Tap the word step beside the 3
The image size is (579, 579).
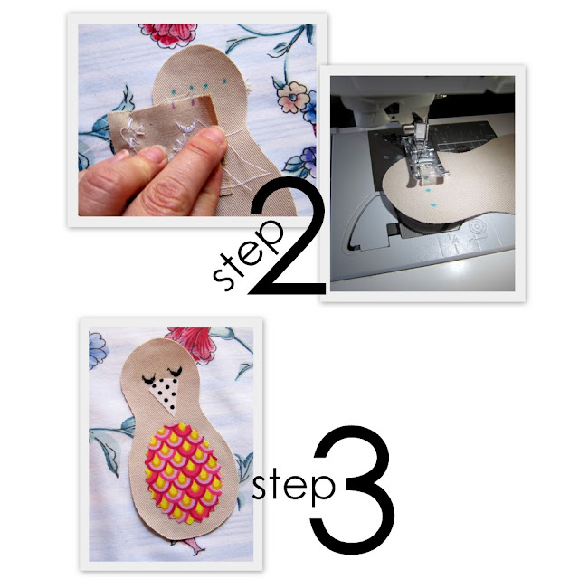pyautogui.click(x=294, y=485)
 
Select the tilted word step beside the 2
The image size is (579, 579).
pyautogui.click(x=247, y=255)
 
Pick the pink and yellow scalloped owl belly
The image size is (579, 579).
pyautogui.click(x=184, y=473)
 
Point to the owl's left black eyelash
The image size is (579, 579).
pyautogui.click(x=149, y=379)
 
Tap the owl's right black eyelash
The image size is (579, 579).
pyautogui.click(x=175, y=371)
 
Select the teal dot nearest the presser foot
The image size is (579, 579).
pyautogui.click(x=428, y=191)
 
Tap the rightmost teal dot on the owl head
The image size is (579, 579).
pyautogui.click(x=223, y=81)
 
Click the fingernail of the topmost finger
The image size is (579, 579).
pyautogui.click(x=214, y=135)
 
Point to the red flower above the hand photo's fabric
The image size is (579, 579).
pyautogui.click(x=169, y=34)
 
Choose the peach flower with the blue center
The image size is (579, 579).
pyautogui.click(x=293, y=97)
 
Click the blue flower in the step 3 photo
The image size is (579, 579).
pyautogui.click(x=97, y=349)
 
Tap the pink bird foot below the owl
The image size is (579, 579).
pyautogui.click(x=195, y=546)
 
